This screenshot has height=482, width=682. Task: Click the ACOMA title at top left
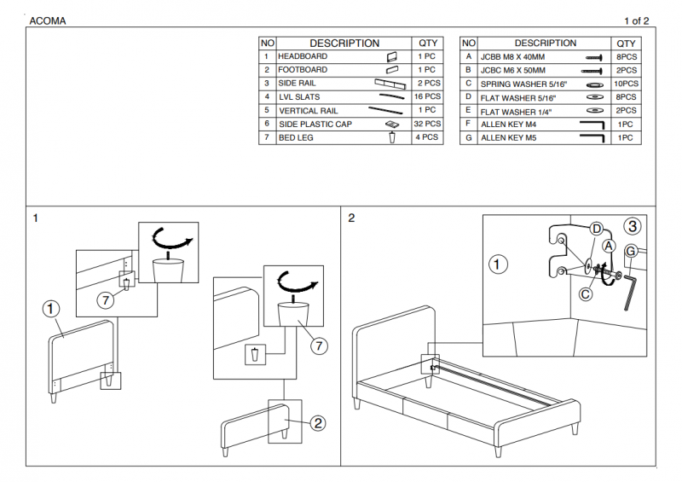(x=48, y=20)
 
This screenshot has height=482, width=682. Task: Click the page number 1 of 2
(x=637, y=20)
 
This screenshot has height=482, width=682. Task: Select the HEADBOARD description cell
(x=303, y=56)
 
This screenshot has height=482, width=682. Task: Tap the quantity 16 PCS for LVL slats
(x=427, y=96)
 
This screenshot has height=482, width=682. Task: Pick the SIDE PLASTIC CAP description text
(x=315, y=124)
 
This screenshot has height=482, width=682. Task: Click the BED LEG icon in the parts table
(x=391, y=137)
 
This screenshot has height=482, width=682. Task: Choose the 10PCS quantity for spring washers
(x=626, y=84)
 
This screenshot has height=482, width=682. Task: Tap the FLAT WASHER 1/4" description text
(x=516, y=111)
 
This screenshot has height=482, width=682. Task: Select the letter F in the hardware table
(x=468, y=124)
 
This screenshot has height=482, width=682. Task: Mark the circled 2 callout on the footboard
(x=317, y=422)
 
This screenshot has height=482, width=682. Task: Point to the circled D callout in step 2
(x=598, y=229)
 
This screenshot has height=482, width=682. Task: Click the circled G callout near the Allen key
(x=631, y=252)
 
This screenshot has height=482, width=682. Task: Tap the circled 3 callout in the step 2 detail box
(x=632, y=226)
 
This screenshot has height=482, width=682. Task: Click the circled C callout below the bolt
(x=586, y=294)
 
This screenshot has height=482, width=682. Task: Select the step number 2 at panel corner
(x=351, y=218)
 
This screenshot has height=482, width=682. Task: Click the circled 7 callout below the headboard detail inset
(x=105, y=299)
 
